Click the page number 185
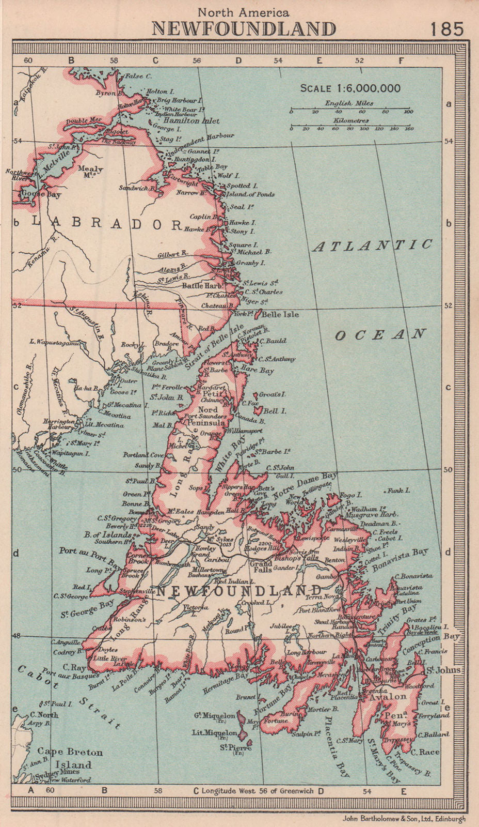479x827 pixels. click(x=446, y=28)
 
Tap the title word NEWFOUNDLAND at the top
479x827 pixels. click(x=244, y=29)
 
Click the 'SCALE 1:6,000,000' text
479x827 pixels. click(x=350, y=88)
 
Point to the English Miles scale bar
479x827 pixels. click(x=350, y=111)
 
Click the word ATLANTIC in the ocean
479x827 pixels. click(x=372, y=246)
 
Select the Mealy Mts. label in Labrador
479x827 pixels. click(x=90, y=172)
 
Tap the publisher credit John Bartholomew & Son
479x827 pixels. click(x=404, y=818)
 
